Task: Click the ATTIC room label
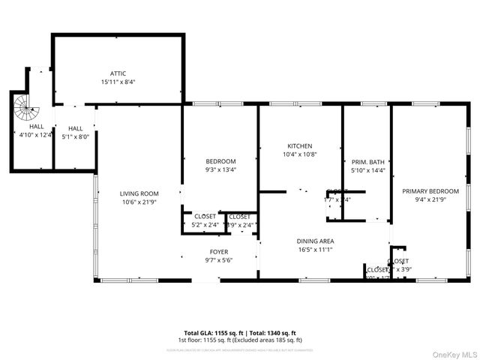(x=118, y=73)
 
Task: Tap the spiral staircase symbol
(x=27, y=111)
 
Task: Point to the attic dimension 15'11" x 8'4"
(x=118, y=82)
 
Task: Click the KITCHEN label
(x=299, y=146)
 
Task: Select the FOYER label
(x=218, y=252)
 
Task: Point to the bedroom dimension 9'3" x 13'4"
(x=220, y=169)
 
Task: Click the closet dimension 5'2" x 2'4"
(x=205, y=224)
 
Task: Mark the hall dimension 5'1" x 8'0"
(x=74, y=136)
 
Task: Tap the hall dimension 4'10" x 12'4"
(x=36, y=135)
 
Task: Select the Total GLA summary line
(x=240, y=332)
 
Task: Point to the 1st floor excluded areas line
(x=240, y=340)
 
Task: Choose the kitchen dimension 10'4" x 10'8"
(x=299, y=154)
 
